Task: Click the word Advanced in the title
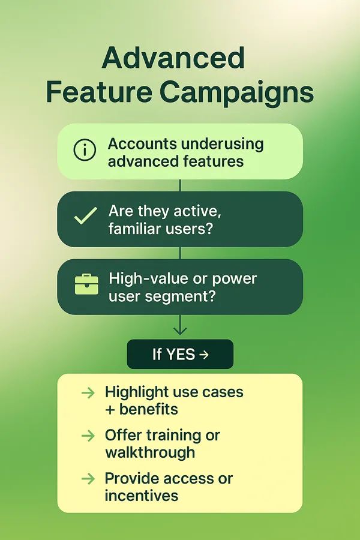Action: click(173, 58)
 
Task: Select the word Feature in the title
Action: click(99, 92)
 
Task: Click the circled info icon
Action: click(85, 150)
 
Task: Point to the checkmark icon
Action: click(85, 216)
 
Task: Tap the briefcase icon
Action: click(86, 284)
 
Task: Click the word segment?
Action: click(179, 297)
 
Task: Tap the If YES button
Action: click(180, 354)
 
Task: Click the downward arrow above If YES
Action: click(180, 325)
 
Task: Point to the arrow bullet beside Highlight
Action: click(88, 392)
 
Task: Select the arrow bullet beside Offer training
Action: click(88, 436)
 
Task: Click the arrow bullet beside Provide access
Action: click(88, 479)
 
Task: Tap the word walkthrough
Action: click(150, 453)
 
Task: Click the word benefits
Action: click(148, 409)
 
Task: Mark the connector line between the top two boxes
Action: click(180, 185)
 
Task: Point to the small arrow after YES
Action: click(204, 355)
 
